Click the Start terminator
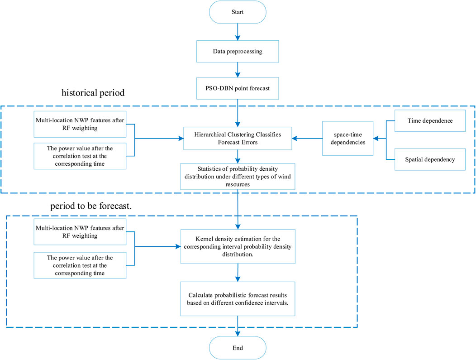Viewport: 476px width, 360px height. click(x=238, y=12)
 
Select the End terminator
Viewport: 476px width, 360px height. click(x=238, y=348)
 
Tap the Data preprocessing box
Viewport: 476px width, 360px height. click(x=238, y=51)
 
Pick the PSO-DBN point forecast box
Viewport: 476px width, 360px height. click(x=238, y=88)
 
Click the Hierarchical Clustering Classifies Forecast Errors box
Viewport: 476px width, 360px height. click(x=238, y=138)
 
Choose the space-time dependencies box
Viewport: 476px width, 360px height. click(x=347, y=138)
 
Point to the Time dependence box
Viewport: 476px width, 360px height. click(x=430, y=120)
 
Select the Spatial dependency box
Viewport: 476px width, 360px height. click(x=430, y=159)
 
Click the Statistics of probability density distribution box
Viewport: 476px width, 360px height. click(x=238, y=177)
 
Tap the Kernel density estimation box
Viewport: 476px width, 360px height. click(x=238, y=246)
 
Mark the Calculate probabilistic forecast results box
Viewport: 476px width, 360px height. click(x=238, y=299)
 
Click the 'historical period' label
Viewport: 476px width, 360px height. click(x=93, y=93)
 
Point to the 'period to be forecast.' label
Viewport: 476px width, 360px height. click(x=91, y=206)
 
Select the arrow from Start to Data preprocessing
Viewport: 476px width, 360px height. click(x=238, y=32)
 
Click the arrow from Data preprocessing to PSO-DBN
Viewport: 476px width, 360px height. click(x=238, y=70)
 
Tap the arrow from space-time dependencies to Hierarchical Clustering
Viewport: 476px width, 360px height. click(x=307, y=139)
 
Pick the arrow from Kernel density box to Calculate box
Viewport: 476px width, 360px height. click(x=238, y=273)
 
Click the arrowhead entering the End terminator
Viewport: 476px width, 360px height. click(x=238, y=334)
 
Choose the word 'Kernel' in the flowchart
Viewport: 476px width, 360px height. click(x=204, y=239)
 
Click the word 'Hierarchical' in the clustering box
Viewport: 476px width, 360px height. click(x=209, y=134)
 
